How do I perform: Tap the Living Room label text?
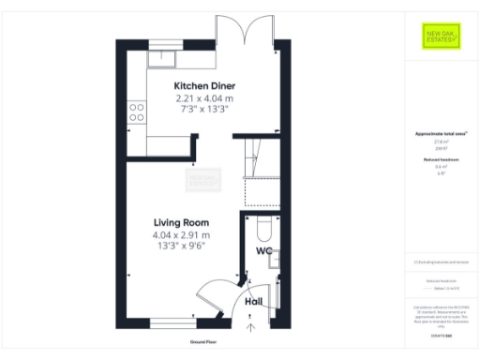(x=182, y=222)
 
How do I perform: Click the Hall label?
(x=253, y=302)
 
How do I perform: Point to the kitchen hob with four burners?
(x=137, y=112)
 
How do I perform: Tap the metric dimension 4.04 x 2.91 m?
(x=182, y=234)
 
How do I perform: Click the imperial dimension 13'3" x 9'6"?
(x=182, y=246)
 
